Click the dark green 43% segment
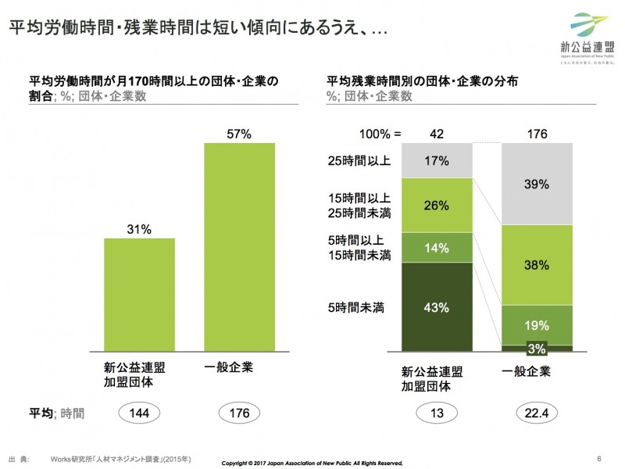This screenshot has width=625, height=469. click(x=437, y=307)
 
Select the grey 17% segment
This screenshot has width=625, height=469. click(x=437, y=160)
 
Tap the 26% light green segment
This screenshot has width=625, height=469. click(x=437, y=205)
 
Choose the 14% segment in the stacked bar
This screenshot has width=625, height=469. click(x=437, y=248)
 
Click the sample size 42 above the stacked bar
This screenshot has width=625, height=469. click(x=437, y=134)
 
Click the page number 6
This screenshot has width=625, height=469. click(x=598, y=458)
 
